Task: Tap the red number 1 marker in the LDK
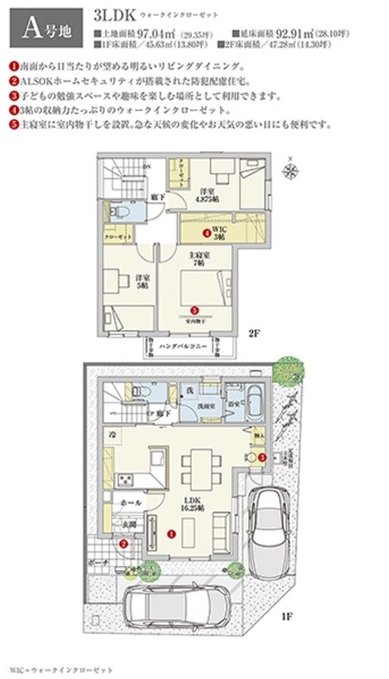pyautogui.click(x=171, y=533)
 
